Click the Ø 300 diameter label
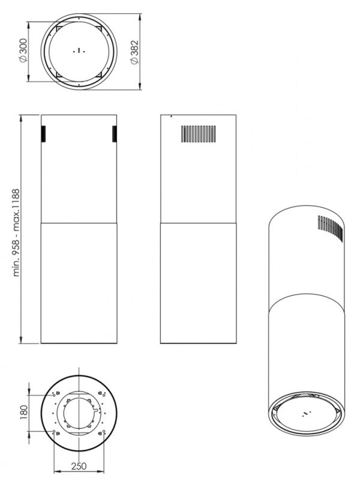[23, 50]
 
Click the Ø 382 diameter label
[134, 52]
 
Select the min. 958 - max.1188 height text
[16, 232]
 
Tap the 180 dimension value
[23, 413]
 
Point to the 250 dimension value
[79, 466]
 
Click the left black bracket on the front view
[43, 134]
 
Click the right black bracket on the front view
[115, 134]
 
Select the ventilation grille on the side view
[198, 134]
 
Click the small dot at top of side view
[171, 116]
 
